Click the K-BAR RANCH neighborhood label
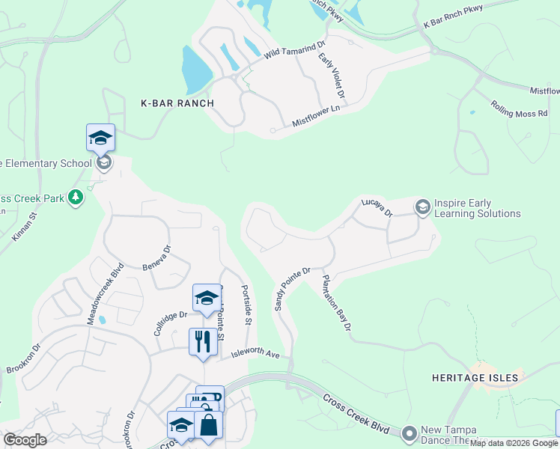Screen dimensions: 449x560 [177, 103]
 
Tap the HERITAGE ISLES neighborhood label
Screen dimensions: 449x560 [475, 378]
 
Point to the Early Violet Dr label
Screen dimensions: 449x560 [331, 76]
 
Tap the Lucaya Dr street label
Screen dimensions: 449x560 [377, 207]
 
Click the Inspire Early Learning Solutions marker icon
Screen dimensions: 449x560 [422, 207]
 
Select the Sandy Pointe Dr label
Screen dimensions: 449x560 [292, 289]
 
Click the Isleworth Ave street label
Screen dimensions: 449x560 [255, 352]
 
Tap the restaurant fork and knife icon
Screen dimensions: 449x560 [203, 343]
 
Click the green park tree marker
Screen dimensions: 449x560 [75, 198]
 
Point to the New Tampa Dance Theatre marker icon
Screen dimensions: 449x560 [409, 433]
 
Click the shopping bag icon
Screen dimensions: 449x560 [209, 425]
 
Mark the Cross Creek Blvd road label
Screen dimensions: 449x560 [357, 411]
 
